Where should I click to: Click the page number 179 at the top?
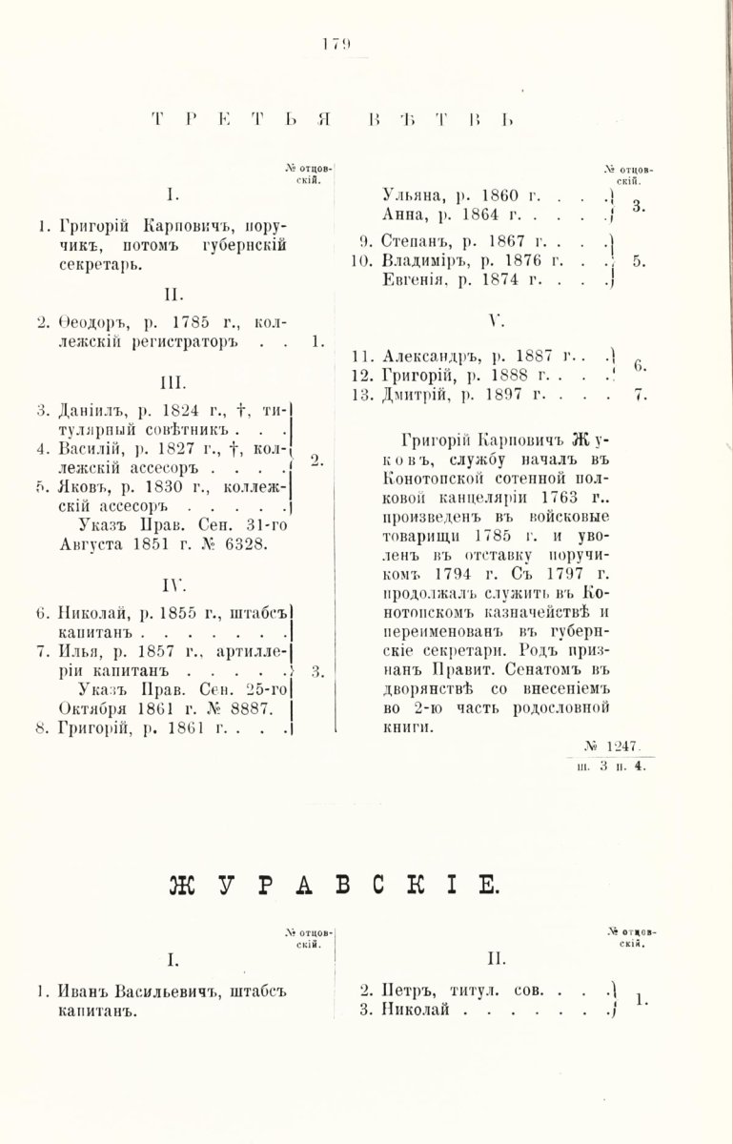tap(336, 43)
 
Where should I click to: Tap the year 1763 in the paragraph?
tap(569, 497)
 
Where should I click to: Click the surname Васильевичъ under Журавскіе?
tap(160, 991)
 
